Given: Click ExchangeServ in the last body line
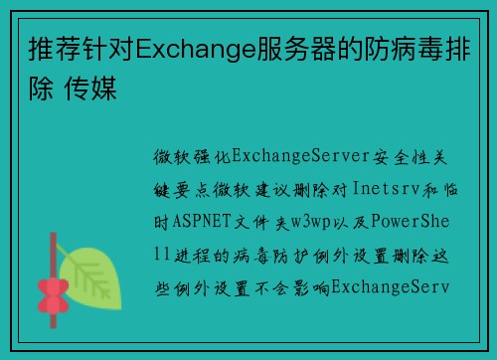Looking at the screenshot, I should [x=391, y=287].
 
